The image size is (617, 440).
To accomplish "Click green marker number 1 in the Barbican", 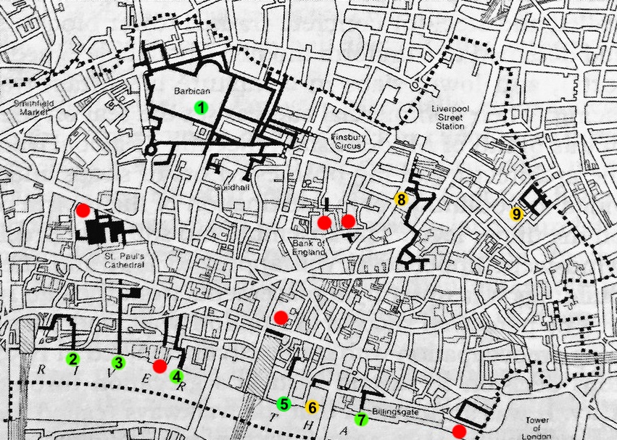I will [x=201, y=108].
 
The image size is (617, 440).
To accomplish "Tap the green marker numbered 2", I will [x=73, y=358].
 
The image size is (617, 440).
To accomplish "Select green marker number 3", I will [x=119, y=362].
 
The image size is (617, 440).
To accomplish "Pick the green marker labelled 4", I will [x=176, y=375].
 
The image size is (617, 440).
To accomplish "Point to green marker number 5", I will [x=283, y=404].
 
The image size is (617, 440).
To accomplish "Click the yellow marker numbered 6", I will [x=312, y=407].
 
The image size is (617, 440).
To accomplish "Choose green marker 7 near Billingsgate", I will [x=361, y=419].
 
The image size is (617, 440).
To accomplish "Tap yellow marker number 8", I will [x=399, y=198].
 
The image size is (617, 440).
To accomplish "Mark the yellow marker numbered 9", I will [x=516, y=214].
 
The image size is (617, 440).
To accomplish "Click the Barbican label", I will [x=188, y=93].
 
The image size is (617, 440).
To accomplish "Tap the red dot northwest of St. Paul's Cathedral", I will [x=83, y=210].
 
